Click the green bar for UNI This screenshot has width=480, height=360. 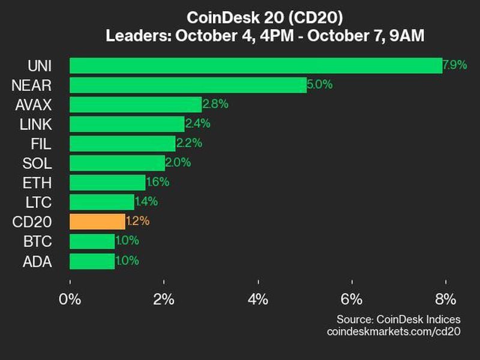coord(256,65)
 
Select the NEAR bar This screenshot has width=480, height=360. coord(188,85)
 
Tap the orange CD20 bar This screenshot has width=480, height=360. coord(97,221)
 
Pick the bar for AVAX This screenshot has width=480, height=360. coord(136,104)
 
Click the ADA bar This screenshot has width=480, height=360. coord(92,261)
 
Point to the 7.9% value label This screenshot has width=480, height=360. coord(455,65)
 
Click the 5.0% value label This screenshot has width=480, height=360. coord(319,85)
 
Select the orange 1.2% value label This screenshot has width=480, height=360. coord(137,221)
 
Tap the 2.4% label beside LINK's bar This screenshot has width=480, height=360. coord(197,124)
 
